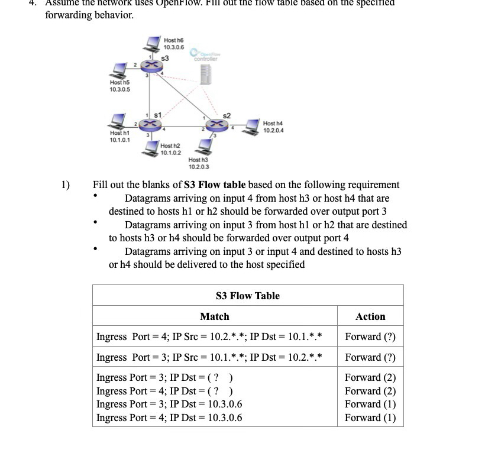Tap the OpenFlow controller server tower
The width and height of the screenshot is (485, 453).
206,73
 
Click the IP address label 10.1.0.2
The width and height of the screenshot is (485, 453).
170,152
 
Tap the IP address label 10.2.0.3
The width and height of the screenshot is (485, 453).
198,166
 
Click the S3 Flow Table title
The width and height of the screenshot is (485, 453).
247,296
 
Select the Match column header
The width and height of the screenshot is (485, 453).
214,316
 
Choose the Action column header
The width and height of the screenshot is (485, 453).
370,316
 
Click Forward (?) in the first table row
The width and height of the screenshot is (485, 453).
370,337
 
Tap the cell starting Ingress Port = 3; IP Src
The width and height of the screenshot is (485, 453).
209,357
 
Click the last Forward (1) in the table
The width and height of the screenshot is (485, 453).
370,418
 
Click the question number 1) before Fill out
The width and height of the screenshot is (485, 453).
66,185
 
